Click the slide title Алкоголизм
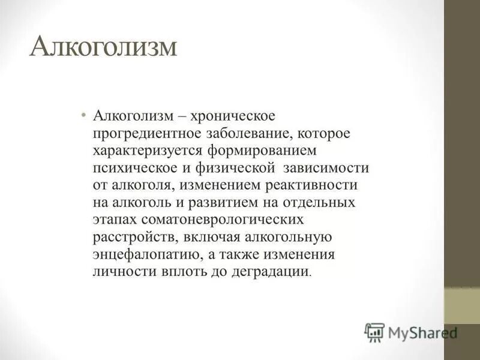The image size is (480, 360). (x=104, y=47)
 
